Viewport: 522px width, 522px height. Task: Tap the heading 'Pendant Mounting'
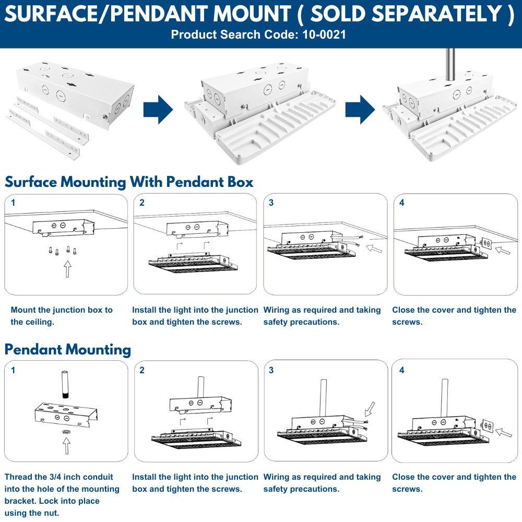68,349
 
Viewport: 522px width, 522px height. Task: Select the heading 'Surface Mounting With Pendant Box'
129,182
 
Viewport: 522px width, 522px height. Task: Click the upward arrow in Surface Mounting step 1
67,269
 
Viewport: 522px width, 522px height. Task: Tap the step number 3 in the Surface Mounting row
271,203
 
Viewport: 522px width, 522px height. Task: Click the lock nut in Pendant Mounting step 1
66,433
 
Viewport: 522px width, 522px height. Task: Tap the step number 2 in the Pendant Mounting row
142,370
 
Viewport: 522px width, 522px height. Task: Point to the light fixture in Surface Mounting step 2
193,263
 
